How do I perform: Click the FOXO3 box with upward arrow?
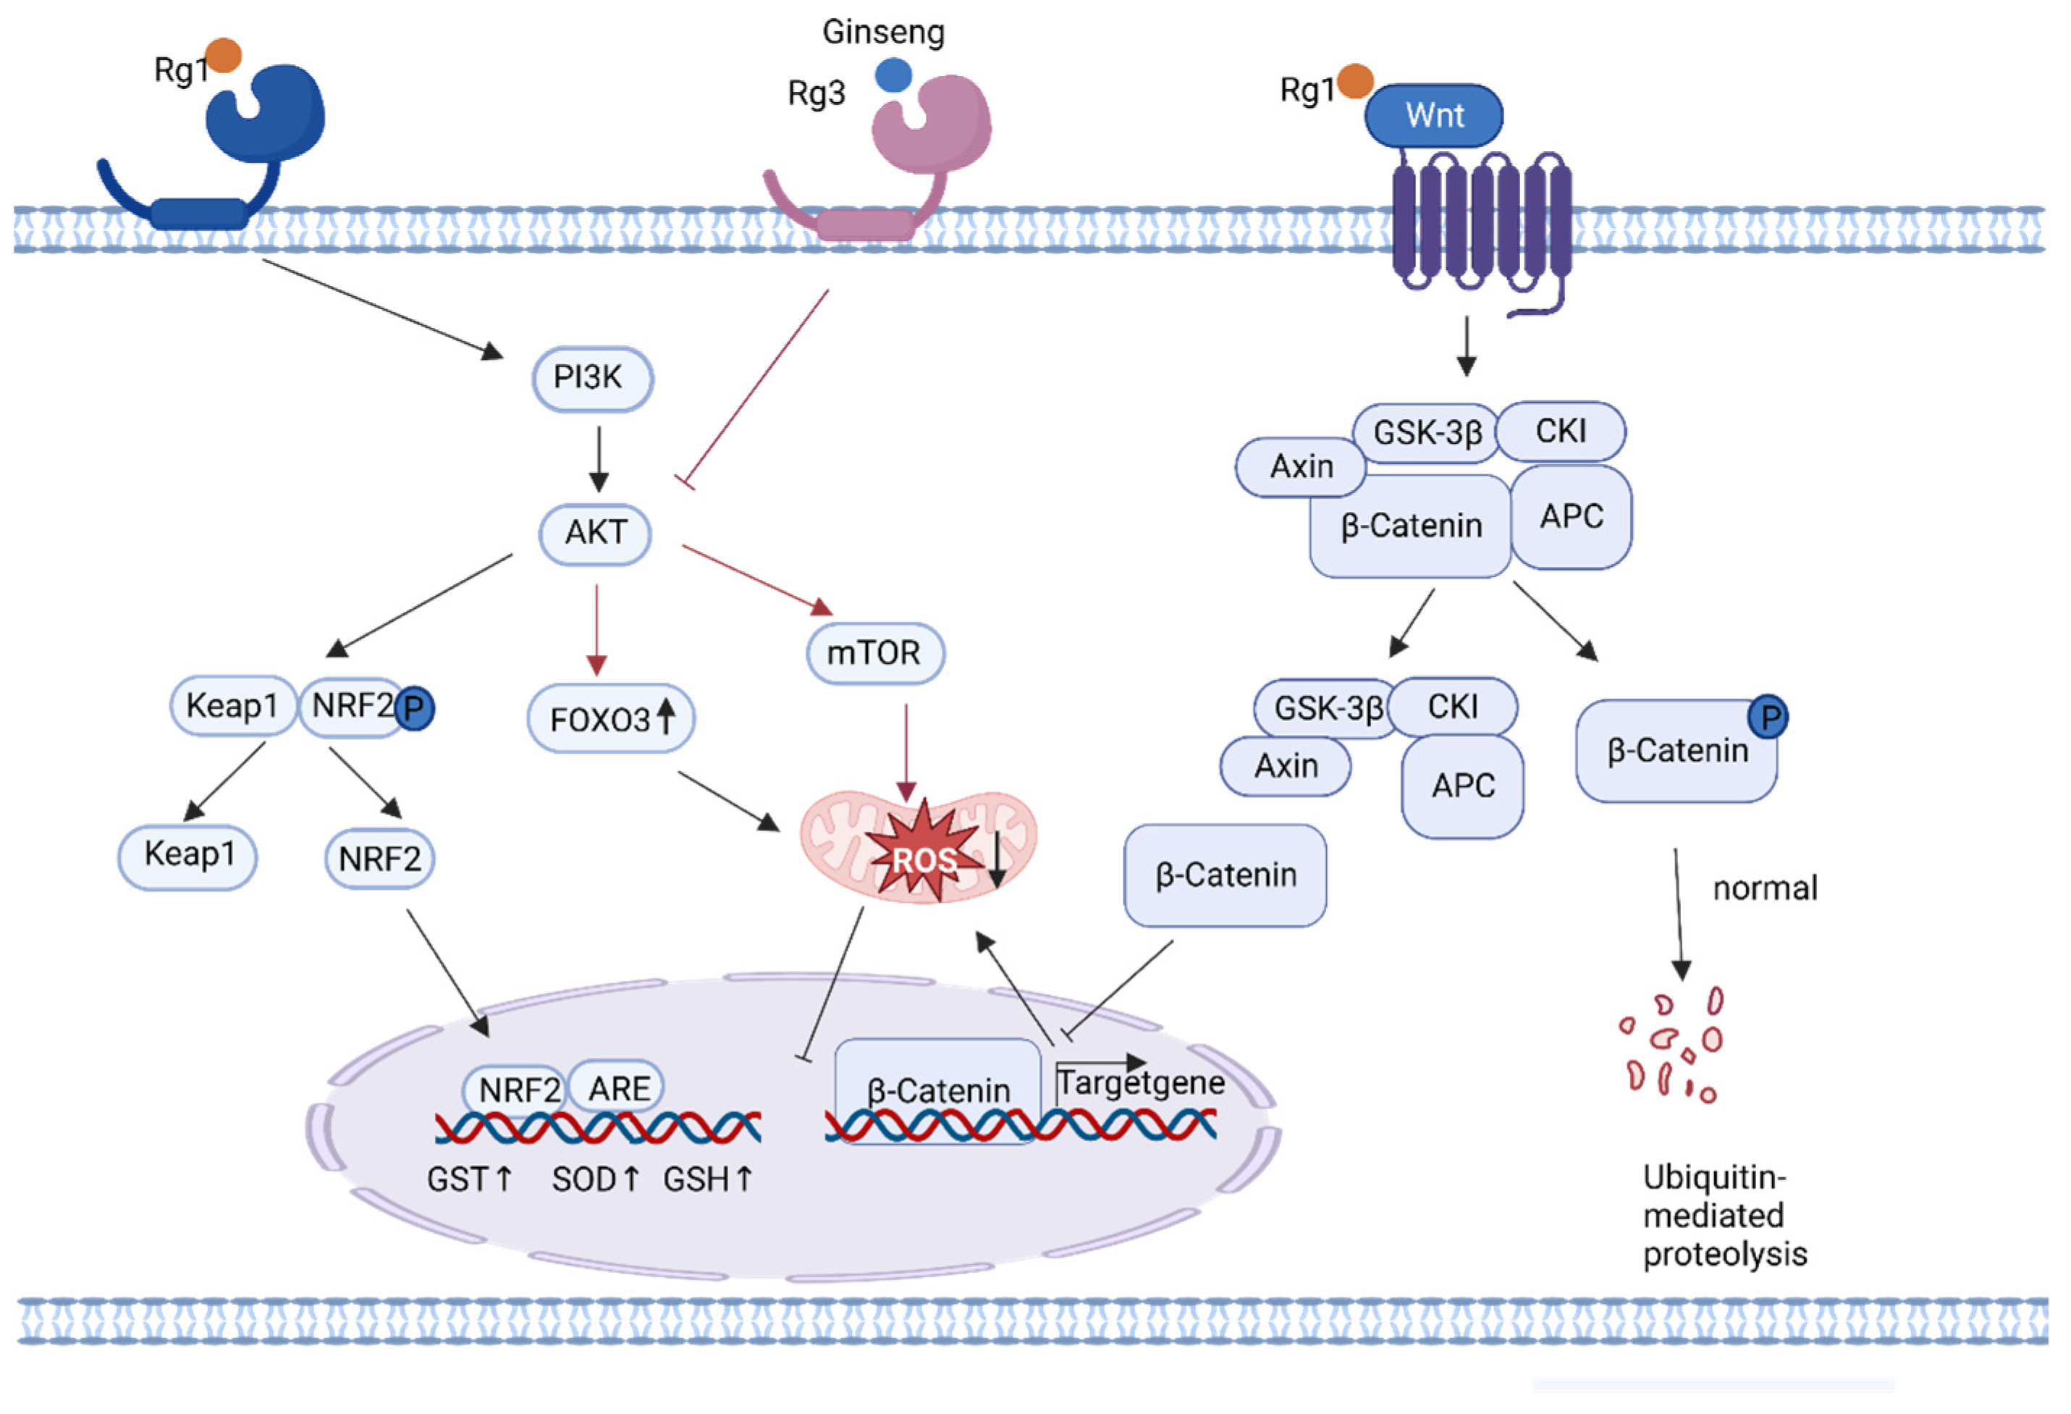tap(610, 719)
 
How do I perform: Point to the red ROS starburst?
tap(922, 858)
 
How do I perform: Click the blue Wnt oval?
tap(1434, 116)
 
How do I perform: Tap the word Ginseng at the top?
tap(883, 32)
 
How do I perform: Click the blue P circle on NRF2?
tap(414, 710)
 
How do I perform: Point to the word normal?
tap(1765, 889)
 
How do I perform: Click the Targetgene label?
tap(1141, 1083)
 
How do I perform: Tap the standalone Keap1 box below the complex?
tap(188, 855)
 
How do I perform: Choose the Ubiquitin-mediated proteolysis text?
tap(1724, 1216)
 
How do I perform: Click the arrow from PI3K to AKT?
tap(599, 459)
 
